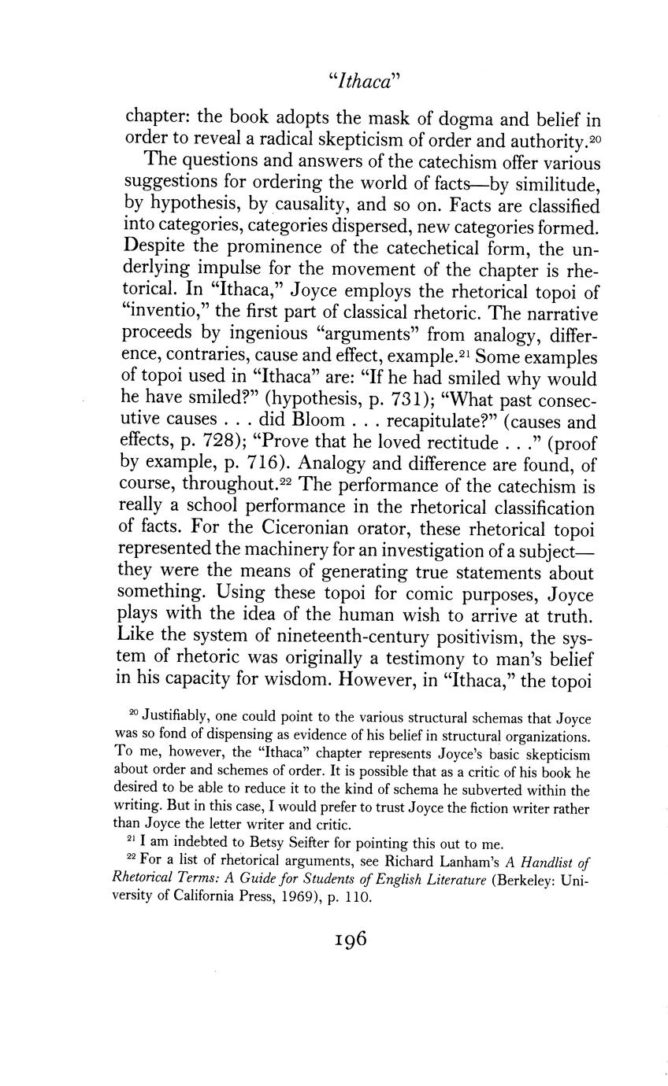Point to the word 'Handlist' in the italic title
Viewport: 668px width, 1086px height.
coord(548,863)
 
